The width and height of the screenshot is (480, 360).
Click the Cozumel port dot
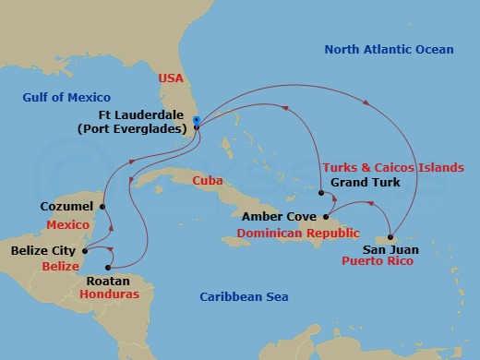102,206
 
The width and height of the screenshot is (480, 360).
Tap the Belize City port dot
85,249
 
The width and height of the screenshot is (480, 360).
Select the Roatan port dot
106,268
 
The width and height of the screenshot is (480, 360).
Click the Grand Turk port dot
320,194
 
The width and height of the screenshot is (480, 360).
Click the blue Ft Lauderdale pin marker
198,121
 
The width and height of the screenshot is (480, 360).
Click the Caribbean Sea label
245,296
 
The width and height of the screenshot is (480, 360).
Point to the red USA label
172,78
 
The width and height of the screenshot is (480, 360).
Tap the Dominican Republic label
297,234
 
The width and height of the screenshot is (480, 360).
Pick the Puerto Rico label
376,261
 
